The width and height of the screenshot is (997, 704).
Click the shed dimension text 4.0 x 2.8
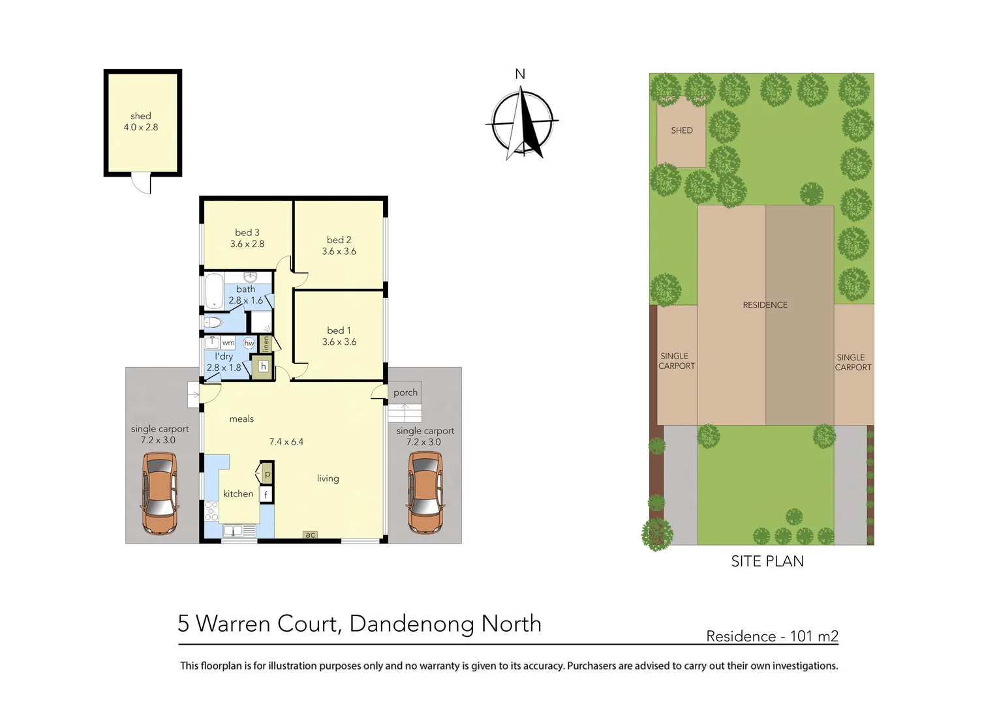[141, 127]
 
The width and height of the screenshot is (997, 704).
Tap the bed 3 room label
[247, 233]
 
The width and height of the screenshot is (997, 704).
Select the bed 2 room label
[339, 240]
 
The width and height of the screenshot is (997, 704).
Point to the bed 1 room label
[339, 330]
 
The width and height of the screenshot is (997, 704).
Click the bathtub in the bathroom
[214, 291]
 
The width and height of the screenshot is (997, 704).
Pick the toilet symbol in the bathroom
[213, 322]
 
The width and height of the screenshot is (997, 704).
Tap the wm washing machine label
[228, 343]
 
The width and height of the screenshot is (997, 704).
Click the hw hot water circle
[249, 343]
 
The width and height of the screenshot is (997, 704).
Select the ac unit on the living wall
[311, 535]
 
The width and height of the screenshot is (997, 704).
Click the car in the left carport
[159, 493]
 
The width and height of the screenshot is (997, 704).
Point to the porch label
[405, 392]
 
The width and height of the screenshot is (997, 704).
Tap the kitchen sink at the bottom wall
[232, 531]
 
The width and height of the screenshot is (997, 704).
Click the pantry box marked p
[267, 473]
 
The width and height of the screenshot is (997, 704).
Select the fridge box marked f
[266, 495]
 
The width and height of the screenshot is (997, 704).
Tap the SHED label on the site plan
[682, 130]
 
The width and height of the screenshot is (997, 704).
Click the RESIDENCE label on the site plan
[765, 305]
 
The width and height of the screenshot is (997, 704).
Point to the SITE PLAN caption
[767, 561]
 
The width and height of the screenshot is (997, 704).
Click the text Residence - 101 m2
[772, 636]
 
